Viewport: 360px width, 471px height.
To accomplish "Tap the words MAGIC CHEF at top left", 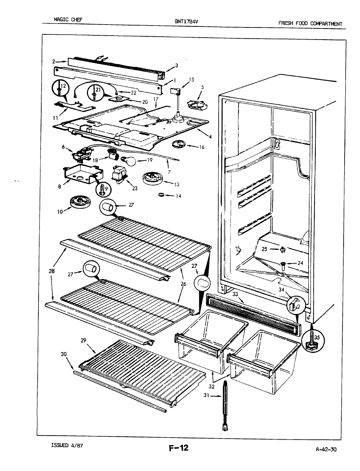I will (x=68, y=20).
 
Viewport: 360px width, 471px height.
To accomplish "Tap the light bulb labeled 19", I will (x=128, y=160).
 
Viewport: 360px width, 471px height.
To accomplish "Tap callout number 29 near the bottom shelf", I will (x=84, y=340).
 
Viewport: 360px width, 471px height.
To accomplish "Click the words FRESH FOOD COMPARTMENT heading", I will (x=310, y=24).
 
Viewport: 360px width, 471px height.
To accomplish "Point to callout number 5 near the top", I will (x=203, y=87).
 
